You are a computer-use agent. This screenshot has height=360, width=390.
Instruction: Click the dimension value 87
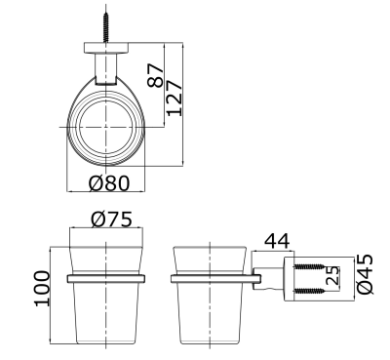155,75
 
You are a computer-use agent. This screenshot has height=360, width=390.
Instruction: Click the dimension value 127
175,98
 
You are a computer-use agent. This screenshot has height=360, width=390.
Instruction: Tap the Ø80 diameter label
109,183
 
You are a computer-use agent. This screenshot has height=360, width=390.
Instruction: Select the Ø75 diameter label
112,219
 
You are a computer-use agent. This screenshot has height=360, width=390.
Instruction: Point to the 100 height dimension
42,288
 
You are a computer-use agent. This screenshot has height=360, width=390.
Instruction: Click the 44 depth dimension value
277,241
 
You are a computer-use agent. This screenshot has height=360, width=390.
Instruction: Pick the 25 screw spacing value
332,276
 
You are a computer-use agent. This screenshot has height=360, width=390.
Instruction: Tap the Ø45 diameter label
365,274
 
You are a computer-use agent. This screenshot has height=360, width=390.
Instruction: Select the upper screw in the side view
309,266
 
